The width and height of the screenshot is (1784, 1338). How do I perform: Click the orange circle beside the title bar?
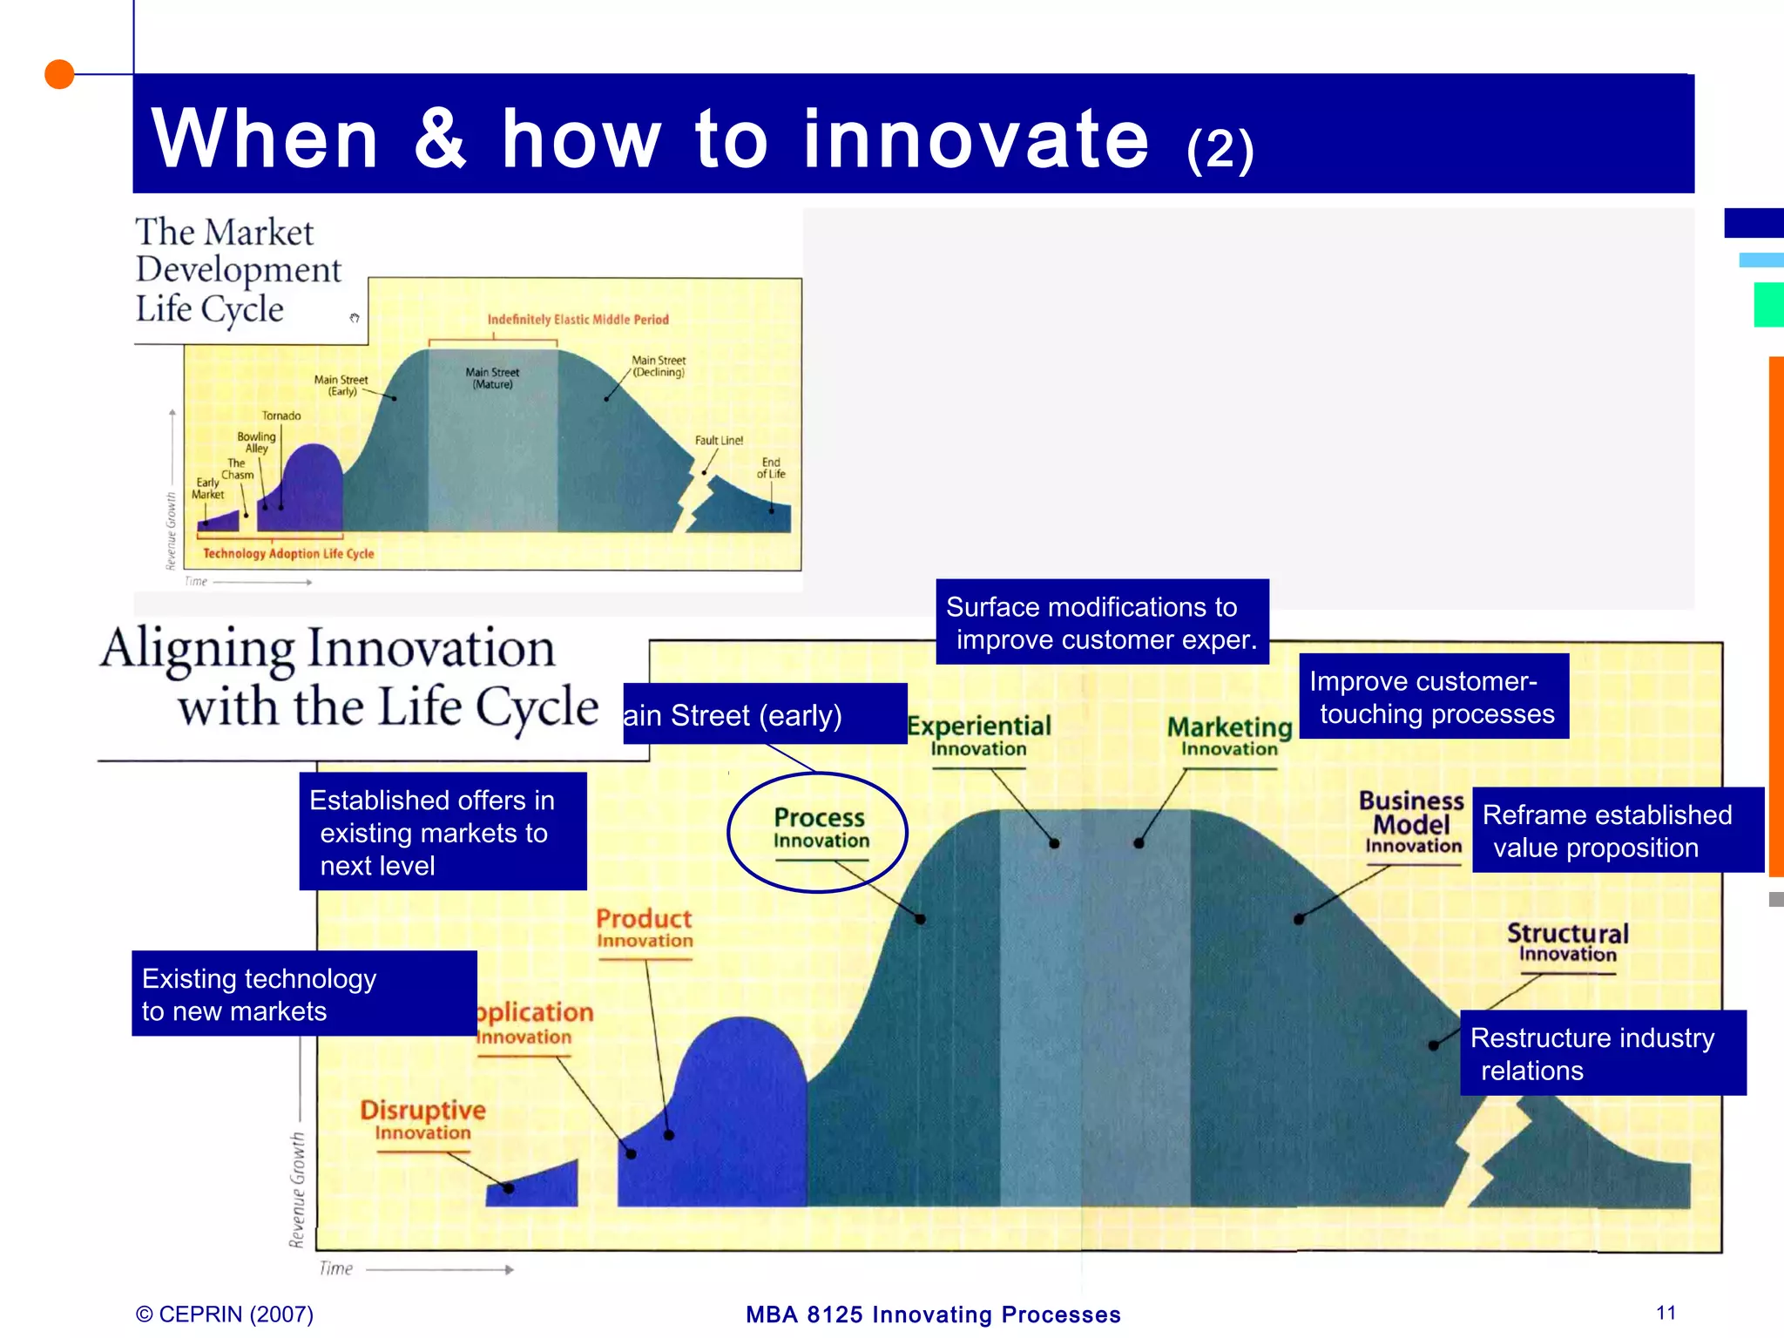click(x=59, y=75)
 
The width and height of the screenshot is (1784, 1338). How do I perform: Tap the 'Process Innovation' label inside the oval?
click(x=820, y=828)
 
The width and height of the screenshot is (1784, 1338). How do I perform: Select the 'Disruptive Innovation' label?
click(x=422, y=1120)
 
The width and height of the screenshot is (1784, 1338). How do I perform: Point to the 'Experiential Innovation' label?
click(x=979, y=736)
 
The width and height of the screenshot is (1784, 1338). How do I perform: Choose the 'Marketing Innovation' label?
click(x=1229, y=736)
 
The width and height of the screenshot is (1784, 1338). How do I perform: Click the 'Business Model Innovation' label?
click(x=1412, y=822)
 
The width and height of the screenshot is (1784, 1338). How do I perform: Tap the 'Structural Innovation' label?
click(x=1567, y=943)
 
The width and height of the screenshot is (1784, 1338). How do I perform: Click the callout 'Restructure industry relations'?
click(x=1602, y=1053)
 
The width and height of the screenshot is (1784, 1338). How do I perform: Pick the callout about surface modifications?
click(x=1102, y=623)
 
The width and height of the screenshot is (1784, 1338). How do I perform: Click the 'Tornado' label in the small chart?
click(x=281, y=416)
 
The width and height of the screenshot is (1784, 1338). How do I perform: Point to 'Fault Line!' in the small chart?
click(x=719, y=441)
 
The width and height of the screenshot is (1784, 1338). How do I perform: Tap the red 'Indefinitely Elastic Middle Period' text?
click(x=578, y=320)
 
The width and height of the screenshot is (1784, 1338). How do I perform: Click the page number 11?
click(x=1666, y=1313)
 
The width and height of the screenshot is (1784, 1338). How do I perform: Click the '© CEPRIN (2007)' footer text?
click(x=225, y=1314)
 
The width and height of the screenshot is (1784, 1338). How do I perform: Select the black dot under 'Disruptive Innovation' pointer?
click(x=509, y=1188)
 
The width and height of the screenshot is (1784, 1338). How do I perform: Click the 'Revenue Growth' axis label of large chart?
click(x=298, y=1190)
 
